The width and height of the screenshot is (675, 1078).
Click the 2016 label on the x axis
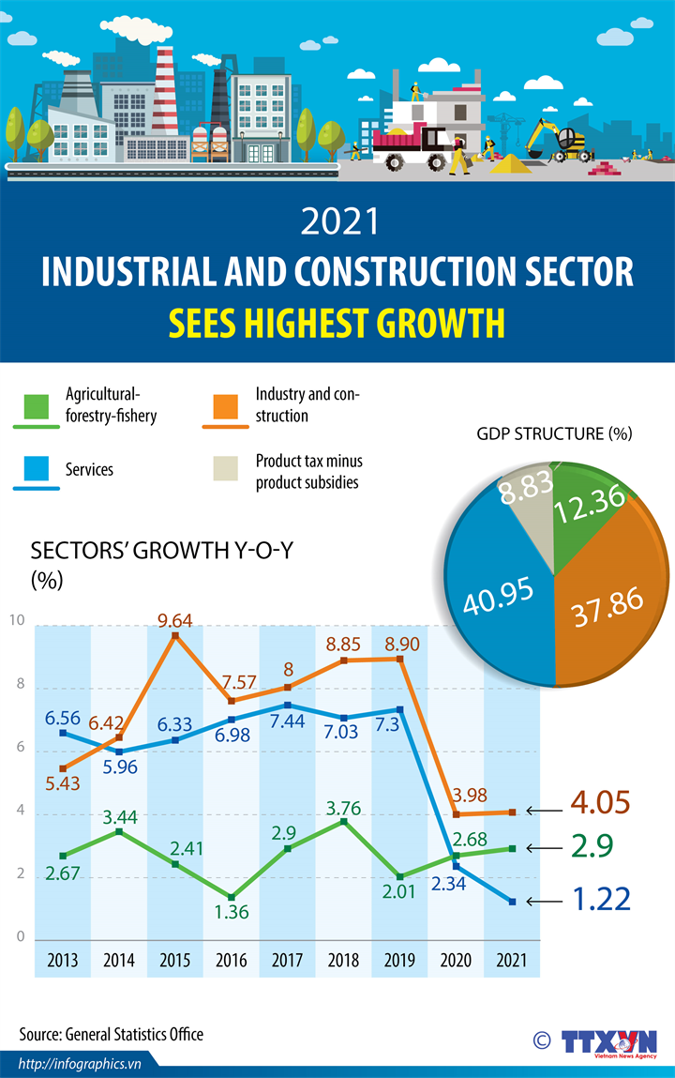coord(232,961)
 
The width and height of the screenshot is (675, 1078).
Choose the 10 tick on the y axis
coord(18,620)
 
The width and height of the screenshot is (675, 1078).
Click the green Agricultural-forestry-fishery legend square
coord(37,406)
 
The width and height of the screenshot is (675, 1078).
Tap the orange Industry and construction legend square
coord(225,406)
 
